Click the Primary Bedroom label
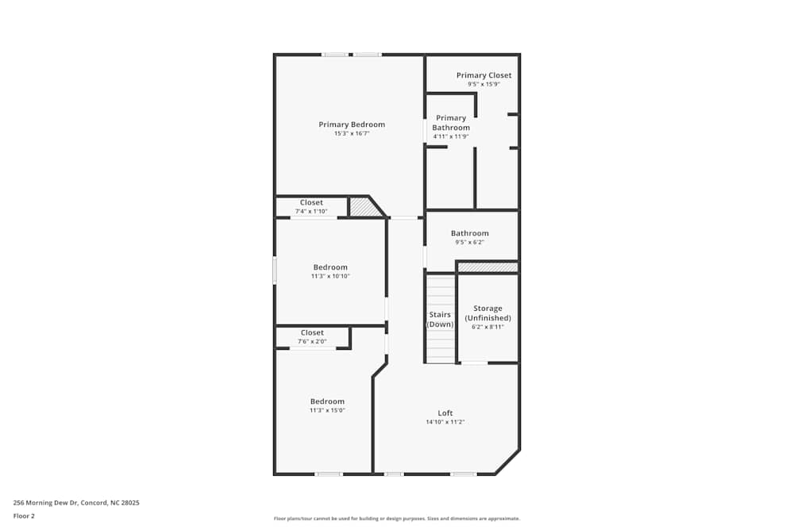pyautogui.click(x=352, y=125)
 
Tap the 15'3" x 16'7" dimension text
pyautogui.click(x=352, y=134)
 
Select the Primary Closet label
pyautogui.click(x=484, y=75)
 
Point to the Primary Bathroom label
pyautogui.click(x=451, y=123)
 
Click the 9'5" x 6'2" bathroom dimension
pyautogui.click(x=469, y=243)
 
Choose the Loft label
pyautogui.click(x=445, y=413)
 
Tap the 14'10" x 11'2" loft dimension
pyautogui.click(x=445, y=422)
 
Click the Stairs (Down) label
pyautogui.click(x=440, y=320)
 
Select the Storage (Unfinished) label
pyautogui.click(x=488, y=313)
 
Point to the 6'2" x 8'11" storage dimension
pyautogui.click(x=488, y=327)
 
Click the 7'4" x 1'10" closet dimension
pyautogui.click(x=311, y=212)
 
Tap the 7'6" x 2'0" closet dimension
pyautogui.click(x=312, y=342)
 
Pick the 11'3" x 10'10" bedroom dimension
pyautogui.click(x=330, y=276)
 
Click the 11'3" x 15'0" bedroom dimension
pyautogui.click(x=327, y=410)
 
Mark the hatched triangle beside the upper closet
pyautogui.click(x=364, y=208)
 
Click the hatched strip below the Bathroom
pyautogui.click(x=488, y=267)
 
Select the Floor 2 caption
pyautogui.click(x=24, y=516)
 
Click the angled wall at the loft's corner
pyautogui.click(x=507, y=462)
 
